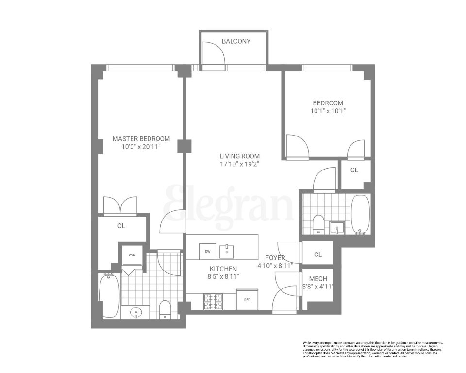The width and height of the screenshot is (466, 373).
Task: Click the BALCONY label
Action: [x=236, y=41]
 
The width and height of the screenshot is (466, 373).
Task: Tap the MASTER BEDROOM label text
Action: [x=141, y=138]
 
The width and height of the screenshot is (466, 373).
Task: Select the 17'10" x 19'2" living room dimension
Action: [x=239, y=164]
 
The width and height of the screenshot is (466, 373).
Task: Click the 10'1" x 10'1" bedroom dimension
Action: [x=328, y=111]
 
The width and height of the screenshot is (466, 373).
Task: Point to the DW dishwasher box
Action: [x=207, y=251]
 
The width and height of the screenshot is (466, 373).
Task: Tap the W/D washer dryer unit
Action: [x=132, y=255]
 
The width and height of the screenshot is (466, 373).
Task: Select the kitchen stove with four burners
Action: [x=213, y=302]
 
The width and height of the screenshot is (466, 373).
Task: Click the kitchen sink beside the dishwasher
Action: [x=227, y=251]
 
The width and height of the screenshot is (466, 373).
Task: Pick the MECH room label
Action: [x=318, y=279]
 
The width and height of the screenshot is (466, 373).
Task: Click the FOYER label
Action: [x=275, y=258]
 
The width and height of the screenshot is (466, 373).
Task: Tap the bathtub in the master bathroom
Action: [x=109, y=294]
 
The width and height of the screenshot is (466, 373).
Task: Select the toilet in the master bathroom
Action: [x=166, y=309]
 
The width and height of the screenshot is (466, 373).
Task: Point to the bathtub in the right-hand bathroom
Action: [x=360, y=214]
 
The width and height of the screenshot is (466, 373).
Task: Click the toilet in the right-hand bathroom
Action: [x=318, y=224]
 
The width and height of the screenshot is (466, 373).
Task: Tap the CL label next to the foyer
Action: [x=317, y=254]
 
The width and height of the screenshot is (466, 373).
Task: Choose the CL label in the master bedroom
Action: [x=121, y=226]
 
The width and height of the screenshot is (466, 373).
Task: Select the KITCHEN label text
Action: [x=223, y=269]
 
